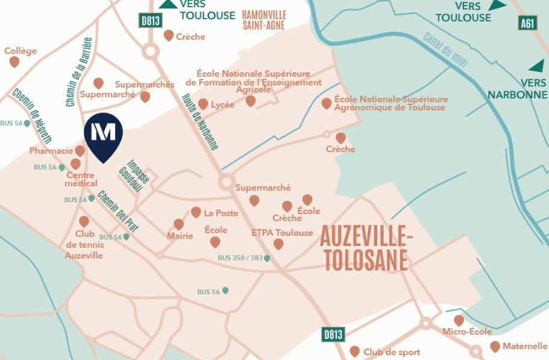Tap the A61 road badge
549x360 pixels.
point(527,23)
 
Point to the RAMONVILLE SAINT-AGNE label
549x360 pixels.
point(264,20)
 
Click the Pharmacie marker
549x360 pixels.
point(80,151)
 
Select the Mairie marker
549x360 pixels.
point(178,224)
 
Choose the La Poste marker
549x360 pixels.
point(196,212)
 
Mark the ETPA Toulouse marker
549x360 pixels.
point(278,244)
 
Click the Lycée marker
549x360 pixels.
point(203,104)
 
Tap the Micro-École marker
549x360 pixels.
point(459,320)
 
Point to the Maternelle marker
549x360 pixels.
point(495,347)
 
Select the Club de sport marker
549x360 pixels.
point(354,351)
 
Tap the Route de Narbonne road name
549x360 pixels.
point(200,122)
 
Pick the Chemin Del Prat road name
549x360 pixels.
point(118,211)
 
